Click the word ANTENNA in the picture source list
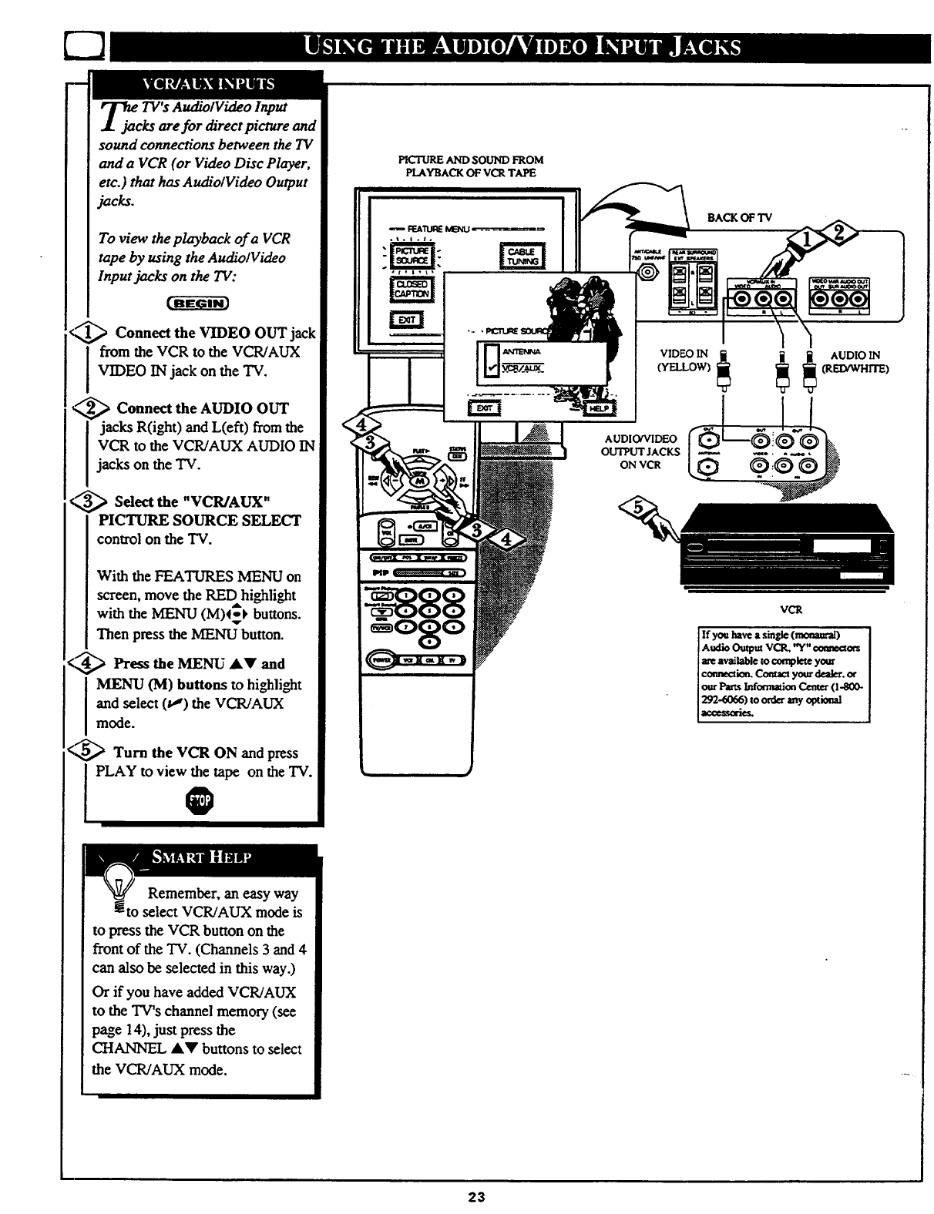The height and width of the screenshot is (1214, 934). tap(522, 351)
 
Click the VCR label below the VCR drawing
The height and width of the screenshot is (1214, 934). tap(791, 609)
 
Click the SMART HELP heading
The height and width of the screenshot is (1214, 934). tap(202, 857)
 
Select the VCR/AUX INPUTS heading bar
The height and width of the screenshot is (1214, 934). tap(206, 84)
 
